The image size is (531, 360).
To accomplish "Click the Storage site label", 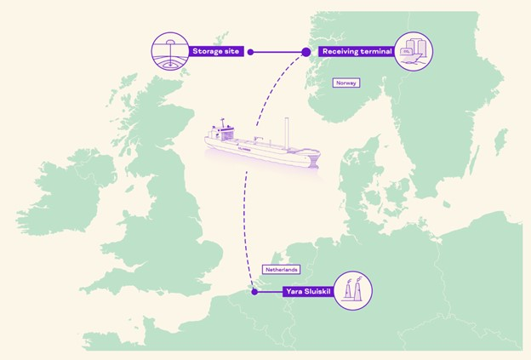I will point(217,51).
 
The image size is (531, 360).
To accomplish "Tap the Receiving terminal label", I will point(356,51).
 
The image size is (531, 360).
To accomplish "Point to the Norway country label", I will point(346,83).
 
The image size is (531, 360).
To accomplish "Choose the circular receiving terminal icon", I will point(414,51).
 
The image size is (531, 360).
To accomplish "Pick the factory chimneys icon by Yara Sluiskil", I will point(353,292).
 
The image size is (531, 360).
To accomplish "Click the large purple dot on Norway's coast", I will point(306,52).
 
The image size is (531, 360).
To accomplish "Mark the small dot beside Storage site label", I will point(250,52).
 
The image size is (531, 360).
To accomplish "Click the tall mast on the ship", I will point(287,135).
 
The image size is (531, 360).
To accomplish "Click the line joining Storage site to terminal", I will point(278,52).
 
